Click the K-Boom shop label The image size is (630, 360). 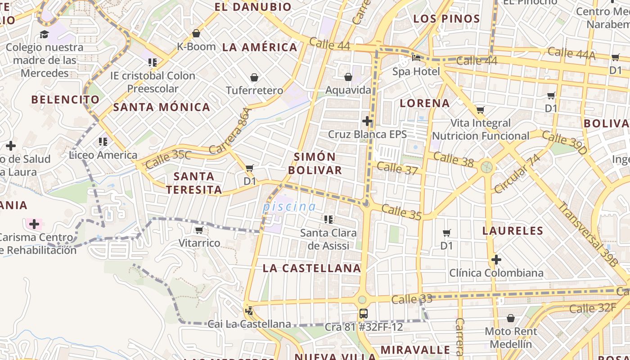click(196, 46)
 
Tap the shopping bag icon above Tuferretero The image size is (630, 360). click(254, 78)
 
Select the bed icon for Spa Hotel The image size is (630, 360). click(416, 58)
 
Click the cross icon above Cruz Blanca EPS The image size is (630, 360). click(367, 121)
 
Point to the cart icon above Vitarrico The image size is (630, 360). click(199, 230)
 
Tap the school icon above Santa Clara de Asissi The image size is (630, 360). click(328, 220)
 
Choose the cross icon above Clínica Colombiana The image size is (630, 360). click(496, 260)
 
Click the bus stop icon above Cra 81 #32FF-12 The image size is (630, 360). click(363, 314)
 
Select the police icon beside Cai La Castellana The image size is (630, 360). click(249, 310)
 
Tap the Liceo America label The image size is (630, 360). click(103, 155)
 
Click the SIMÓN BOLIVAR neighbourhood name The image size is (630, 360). click(315, 163)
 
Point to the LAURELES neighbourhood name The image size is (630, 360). click(513, 231)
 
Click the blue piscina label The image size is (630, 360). click(289, 207)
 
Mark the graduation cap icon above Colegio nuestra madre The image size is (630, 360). click(44, 34)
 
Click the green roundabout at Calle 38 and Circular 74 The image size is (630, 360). click(486, 167)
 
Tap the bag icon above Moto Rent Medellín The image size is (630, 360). click(510, 319)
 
